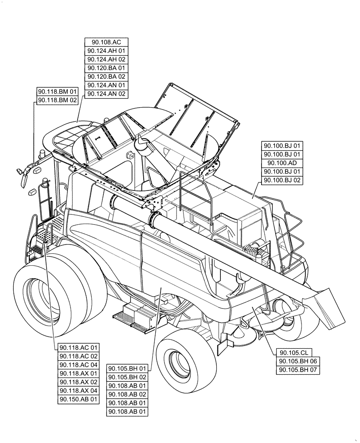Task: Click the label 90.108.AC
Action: [106, 42]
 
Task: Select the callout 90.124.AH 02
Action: [106, 59]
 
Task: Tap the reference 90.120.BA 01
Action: [106, 68]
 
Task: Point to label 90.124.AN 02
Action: [106, 94]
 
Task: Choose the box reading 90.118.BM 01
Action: [58, 92]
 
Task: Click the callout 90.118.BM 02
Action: [58, 101]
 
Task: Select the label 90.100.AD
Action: [282, 163]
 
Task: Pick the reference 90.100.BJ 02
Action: [282, 180]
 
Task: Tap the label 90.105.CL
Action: [294, 353]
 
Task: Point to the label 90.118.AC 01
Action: [78, 347]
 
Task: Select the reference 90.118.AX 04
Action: [78, 391]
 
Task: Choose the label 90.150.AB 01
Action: [78, 399]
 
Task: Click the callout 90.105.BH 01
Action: [127, 369]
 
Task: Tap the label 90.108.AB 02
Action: [127, 394]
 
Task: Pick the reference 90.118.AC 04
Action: [78, 365]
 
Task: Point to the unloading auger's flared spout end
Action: [327, 306]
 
